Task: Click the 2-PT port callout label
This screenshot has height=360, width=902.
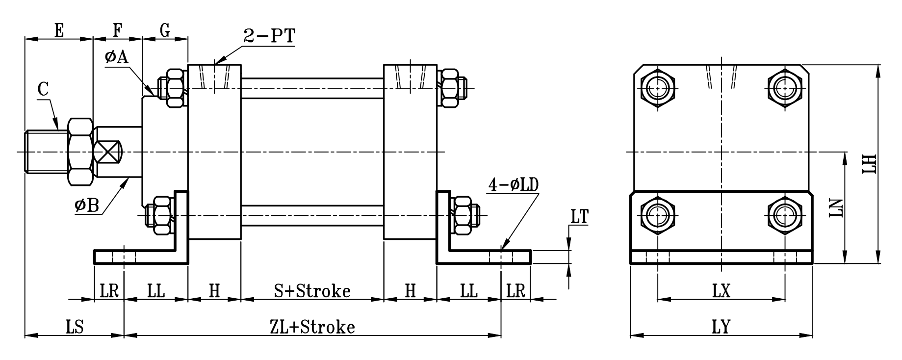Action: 269,37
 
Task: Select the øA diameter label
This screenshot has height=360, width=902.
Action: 116,57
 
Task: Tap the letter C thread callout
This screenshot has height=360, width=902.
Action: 43,90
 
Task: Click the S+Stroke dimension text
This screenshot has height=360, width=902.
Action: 312,291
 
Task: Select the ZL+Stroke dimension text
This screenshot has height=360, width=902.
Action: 312,327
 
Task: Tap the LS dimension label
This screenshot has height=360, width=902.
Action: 74,327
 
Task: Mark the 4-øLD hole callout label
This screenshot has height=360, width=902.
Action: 513,185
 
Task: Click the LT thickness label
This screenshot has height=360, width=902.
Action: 579,217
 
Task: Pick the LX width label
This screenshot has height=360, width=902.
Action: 722,291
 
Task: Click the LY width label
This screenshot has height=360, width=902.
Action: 722,327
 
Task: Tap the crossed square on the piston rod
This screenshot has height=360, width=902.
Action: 108,152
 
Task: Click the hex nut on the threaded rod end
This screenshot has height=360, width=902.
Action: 80,152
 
